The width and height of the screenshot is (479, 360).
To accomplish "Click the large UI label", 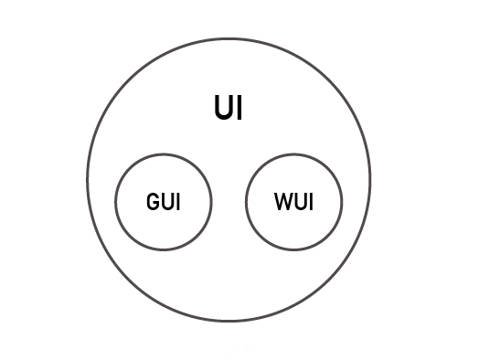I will click(x=229, y=109).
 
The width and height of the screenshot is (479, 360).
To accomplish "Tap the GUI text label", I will click(x=164, y=202).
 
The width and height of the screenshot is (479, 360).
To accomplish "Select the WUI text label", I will click(x=293, y=202).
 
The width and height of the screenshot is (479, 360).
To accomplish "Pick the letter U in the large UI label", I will click(x=222, y=109).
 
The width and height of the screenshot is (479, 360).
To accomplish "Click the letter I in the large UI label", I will click(x=239, y=109).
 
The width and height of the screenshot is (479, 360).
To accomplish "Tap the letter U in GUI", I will click(x=166, y=202).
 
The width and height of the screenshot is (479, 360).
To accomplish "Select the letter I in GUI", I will click(x=176, y=202).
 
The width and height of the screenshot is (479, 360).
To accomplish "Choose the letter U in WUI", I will click(x=298, y=202).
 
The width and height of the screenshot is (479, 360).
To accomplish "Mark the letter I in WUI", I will click(x=309, y=202).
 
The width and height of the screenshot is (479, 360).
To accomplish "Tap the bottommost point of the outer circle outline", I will click(x=229, y=321).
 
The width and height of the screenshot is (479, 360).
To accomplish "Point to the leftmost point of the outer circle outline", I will click(x=88, y=179).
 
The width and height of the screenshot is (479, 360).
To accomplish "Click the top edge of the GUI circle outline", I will click(x=164, y=154).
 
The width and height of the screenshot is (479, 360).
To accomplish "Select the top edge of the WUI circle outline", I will click(x=294, y=154).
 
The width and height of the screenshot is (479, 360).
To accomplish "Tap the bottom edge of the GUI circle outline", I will click(x=164, y=249).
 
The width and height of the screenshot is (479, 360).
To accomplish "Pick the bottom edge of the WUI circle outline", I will click(x=294, y=249).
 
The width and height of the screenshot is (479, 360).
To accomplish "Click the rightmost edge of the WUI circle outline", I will click(x=343, y=202).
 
